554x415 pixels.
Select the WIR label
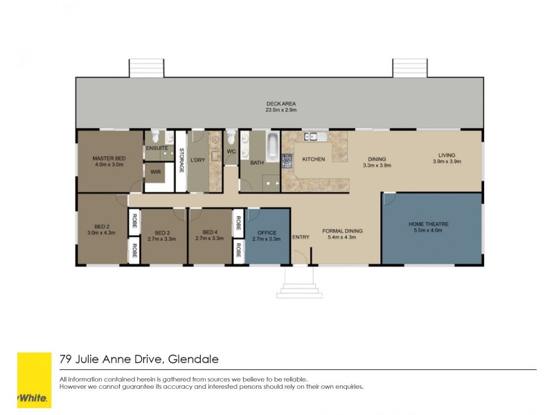click(156, 172)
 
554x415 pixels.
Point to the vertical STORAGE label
click(181, 160)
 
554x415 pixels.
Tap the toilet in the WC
click(231, 136)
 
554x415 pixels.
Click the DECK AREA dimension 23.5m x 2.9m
click(280, 109)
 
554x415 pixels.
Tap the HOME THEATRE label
click(429, 224)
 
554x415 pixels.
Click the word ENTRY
click(301, 237)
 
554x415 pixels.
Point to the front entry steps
click(300, 285)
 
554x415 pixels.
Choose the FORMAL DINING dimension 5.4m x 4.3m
click(341, 237)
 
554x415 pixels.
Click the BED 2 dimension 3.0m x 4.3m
click(100, 232)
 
